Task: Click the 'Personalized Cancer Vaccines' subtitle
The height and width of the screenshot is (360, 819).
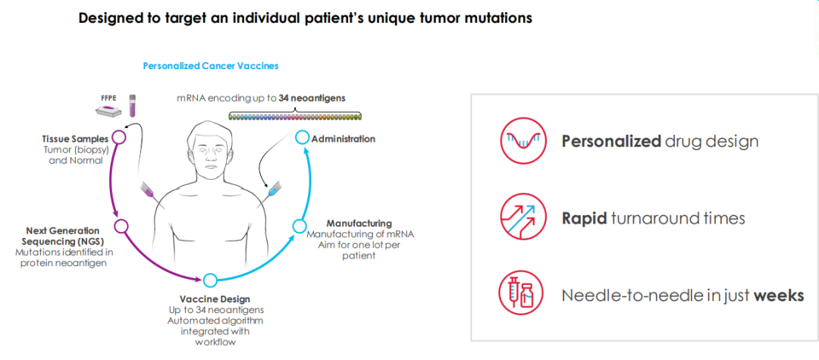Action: click(211, 66)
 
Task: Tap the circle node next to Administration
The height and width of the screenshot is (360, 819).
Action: click(302, 138)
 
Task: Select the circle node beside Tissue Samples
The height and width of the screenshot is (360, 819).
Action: click(118, 137)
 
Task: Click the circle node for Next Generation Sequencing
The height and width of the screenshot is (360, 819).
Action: click(121, 226)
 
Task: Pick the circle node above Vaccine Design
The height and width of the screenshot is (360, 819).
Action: click(211, 280)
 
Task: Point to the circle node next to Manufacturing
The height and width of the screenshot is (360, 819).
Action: click(300, 226)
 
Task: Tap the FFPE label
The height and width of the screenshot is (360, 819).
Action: click(109, 99)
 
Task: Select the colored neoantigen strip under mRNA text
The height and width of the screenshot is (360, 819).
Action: click(296, 117)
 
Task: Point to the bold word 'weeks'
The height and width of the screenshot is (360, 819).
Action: click(778, 296)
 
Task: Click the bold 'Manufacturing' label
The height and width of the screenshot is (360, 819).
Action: click(359, 224)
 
